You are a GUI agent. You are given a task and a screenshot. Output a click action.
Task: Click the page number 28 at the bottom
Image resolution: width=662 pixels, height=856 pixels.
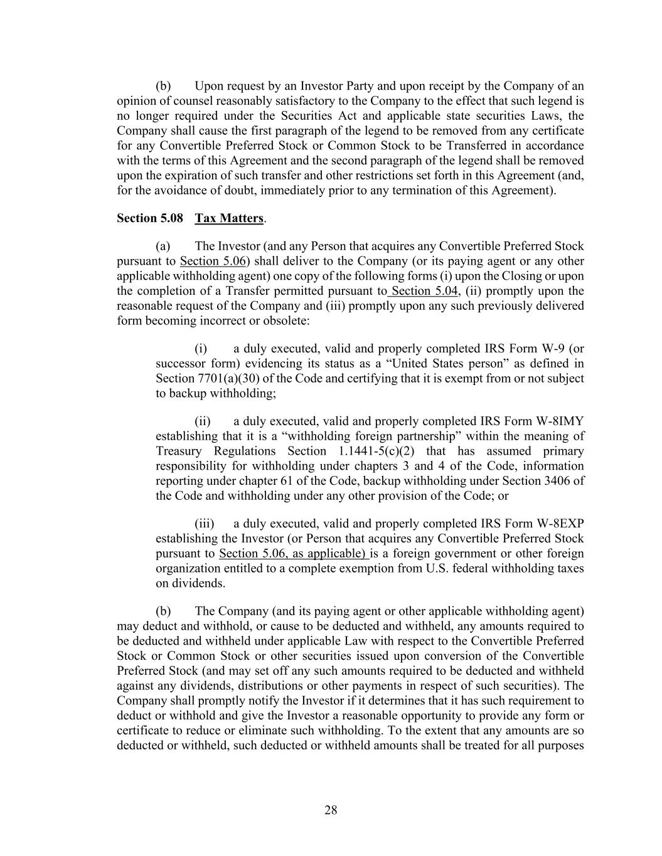click(x=331, y=810)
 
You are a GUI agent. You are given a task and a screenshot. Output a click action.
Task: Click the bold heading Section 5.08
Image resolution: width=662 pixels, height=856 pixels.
click(x=150, y=218)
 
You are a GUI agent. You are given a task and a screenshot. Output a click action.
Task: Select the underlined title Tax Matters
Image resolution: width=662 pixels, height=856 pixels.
click(x=229, y=218)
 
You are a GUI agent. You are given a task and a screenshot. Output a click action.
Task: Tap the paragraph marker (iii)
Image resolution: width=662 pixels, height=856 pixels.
click(x=205, y=524)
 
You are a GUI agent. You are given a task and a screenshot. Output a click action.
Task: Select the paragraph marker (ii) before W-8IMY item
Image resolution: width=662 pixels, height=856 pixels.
click(x=203, y=421)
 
